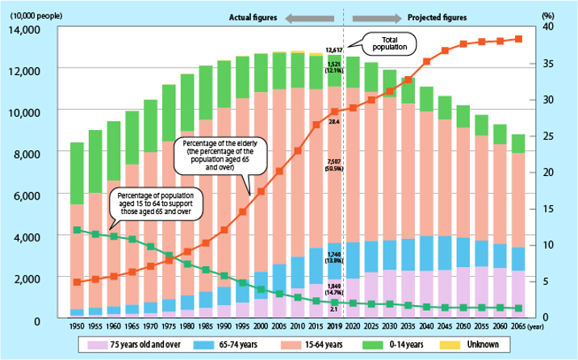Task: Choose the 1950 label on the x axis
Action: coord(77,325)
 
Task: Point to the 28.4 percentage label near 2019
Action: coord(333,122)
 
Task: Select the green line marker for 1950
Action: coord(77,230)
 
